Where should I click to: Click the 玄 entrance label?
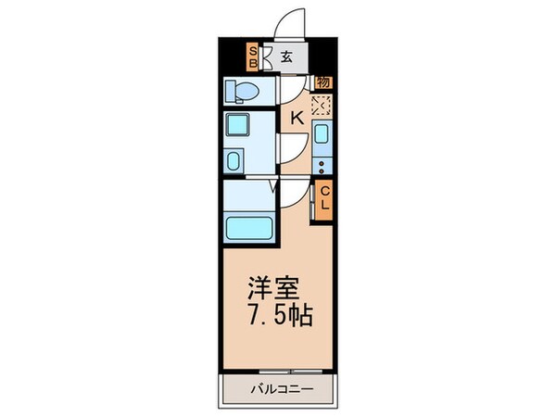[x=286, y=57]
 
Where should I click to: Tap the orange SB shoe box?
[x=253, y=57]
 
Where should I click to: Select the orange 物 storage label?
[x=323, y=82]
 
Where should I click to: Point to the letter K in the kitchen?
[x=297, y=118]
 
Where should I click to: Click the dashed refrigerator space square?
[x=322, y=106]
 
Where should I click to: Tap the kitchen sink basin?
[x=322, y=134]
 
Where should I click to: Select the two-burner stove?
[x=322, y=167]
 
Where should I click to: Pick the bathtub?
[x=249, y=228]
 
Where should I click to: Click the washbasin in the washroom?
[x=234, y=161]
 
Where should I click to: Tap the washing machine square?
[x=237, y=125]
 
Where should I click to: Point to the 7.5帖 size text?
[x=280, y=315]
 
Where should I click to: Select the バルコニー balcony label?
[x=283, y=389]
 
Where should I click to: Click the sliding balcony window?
[x=291, y=372]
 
